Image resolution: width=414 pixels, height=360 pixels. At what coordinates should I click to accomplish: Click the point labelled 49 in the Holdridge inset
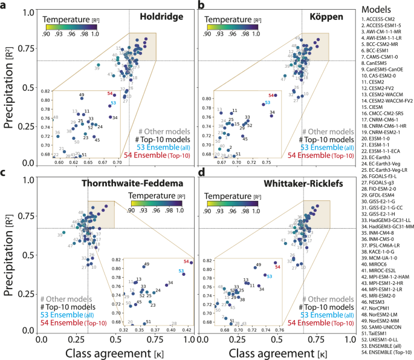82,96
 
